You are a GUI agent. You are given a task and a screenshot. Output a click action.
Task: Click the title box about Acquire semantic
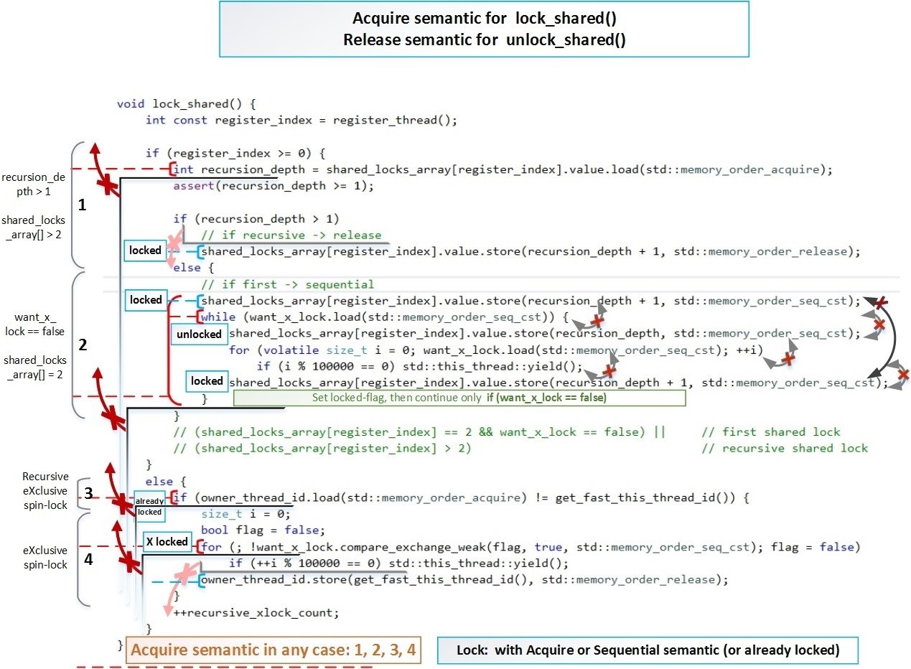(484, 29)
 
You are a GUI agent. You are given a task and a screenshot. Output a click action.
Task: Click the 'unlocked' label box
(199, 334)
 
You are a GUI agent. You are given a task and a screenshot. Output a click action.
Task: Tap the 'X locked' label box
(167, 542)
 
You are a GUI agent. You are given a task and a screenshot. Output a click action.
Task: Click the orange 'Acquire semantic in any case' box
(272, 651)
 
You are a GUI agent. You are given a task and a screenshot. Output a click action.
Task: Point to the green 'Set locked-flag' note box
(459, 398)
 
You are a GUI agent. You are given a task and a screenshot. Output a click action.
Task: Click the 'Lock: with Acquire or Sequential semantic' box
(648, 651)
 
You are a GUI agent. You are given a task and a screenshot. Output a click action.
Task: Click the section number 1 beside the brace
(82, 205)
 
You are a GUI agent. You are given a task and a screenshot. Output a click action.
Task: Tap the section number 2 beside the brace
(82, 345)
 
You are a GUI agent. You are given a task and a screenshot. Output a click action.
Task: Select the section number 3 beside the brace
(87, 492)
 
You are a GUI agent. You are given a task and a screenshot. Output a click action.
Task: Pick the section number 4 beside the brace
(88, 559)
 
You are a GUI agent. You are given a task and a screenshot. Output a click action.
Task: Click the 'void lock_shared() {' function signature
(186, 104)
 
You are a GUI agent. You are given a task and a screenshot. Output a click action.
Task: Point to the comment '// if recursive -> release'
(291, 235)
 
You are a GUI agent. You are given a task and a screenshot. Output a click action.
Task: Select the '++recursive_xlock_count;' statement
(256, 612)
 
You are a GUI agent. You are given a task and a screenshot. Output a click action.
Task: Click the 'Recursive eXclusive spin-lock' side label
(45, 491)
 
